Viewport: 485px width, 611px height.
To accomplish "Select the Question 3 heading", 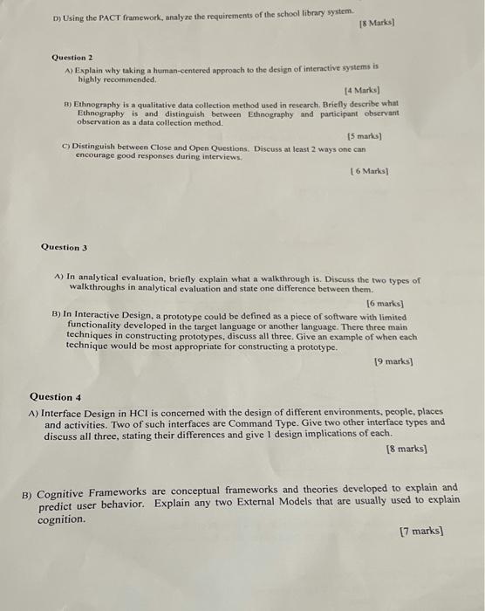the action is (64, 247).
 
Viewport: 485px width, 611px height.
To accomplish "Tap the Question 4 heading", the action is (54, 396).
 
